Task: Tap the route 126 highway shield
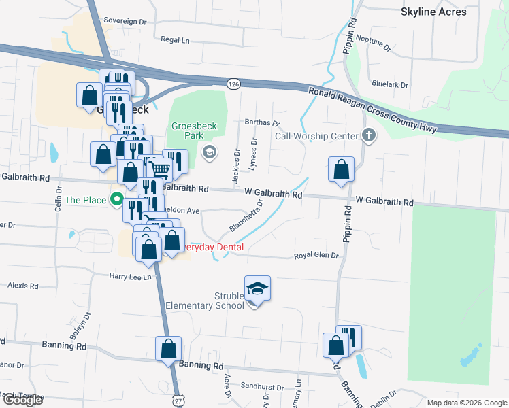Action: point(233,83)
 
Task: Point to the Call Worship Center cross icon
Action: point(369,135)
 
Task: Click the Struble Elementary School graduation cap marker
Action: point(258,289)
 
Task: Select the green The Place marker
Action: point(117,200)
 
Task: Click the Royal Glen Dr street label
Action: point(316,256)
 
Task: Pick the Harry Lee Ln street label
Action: point(129,276)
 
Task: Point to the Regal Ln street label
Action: point(175,40)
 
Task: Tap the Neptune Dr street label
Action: point(374,45)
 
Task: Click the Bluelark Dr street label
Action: point(390,85)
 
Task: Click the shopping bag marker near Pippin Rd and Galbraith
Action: point(341,171)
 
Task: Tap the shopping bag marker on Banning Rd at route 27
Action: point(168,350)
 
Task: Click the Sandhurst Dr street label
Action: point(261,387)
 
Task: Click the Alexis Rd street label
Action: point(23,286)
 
